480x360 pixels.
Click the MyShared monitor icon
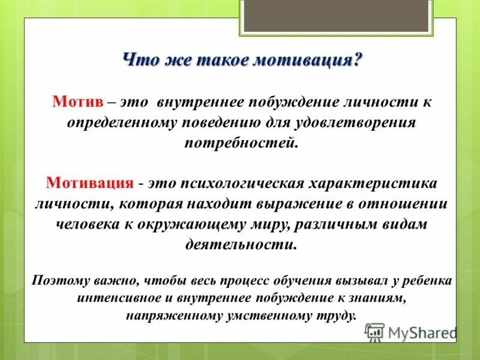tap(374, 331)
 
